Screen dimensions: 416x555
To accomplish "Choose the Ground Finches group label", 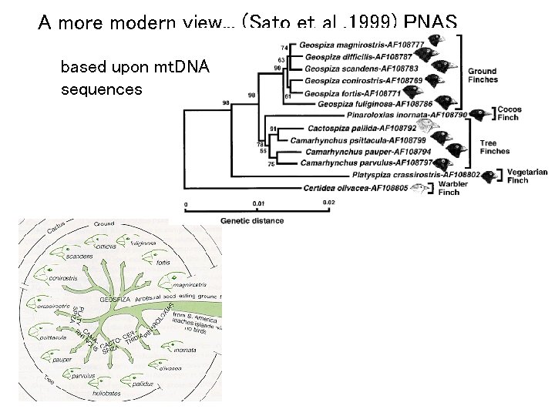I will pyautogui.click(x=483, y=75).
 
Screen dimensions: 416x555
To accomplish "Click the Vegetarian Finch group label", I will pyautogui.click(x=527, y=176).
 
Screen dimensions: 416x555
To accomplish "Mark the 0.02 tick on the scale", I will pyautogui.click(x=328, y=203).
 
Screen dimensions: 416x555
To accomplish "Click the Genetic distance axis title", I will pyautogui.click(x=252, y=220).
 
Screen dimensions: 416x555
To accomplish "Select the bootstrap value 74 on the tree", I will pyautogui.click(x=284, y=48).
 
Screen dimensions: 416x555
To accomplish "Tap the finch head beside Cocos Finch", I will pyautogui.click(x=479, y=115).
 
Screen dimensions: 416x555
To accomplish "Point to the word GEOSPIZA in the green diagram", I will pyautogui.click(x=116, y=298).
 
